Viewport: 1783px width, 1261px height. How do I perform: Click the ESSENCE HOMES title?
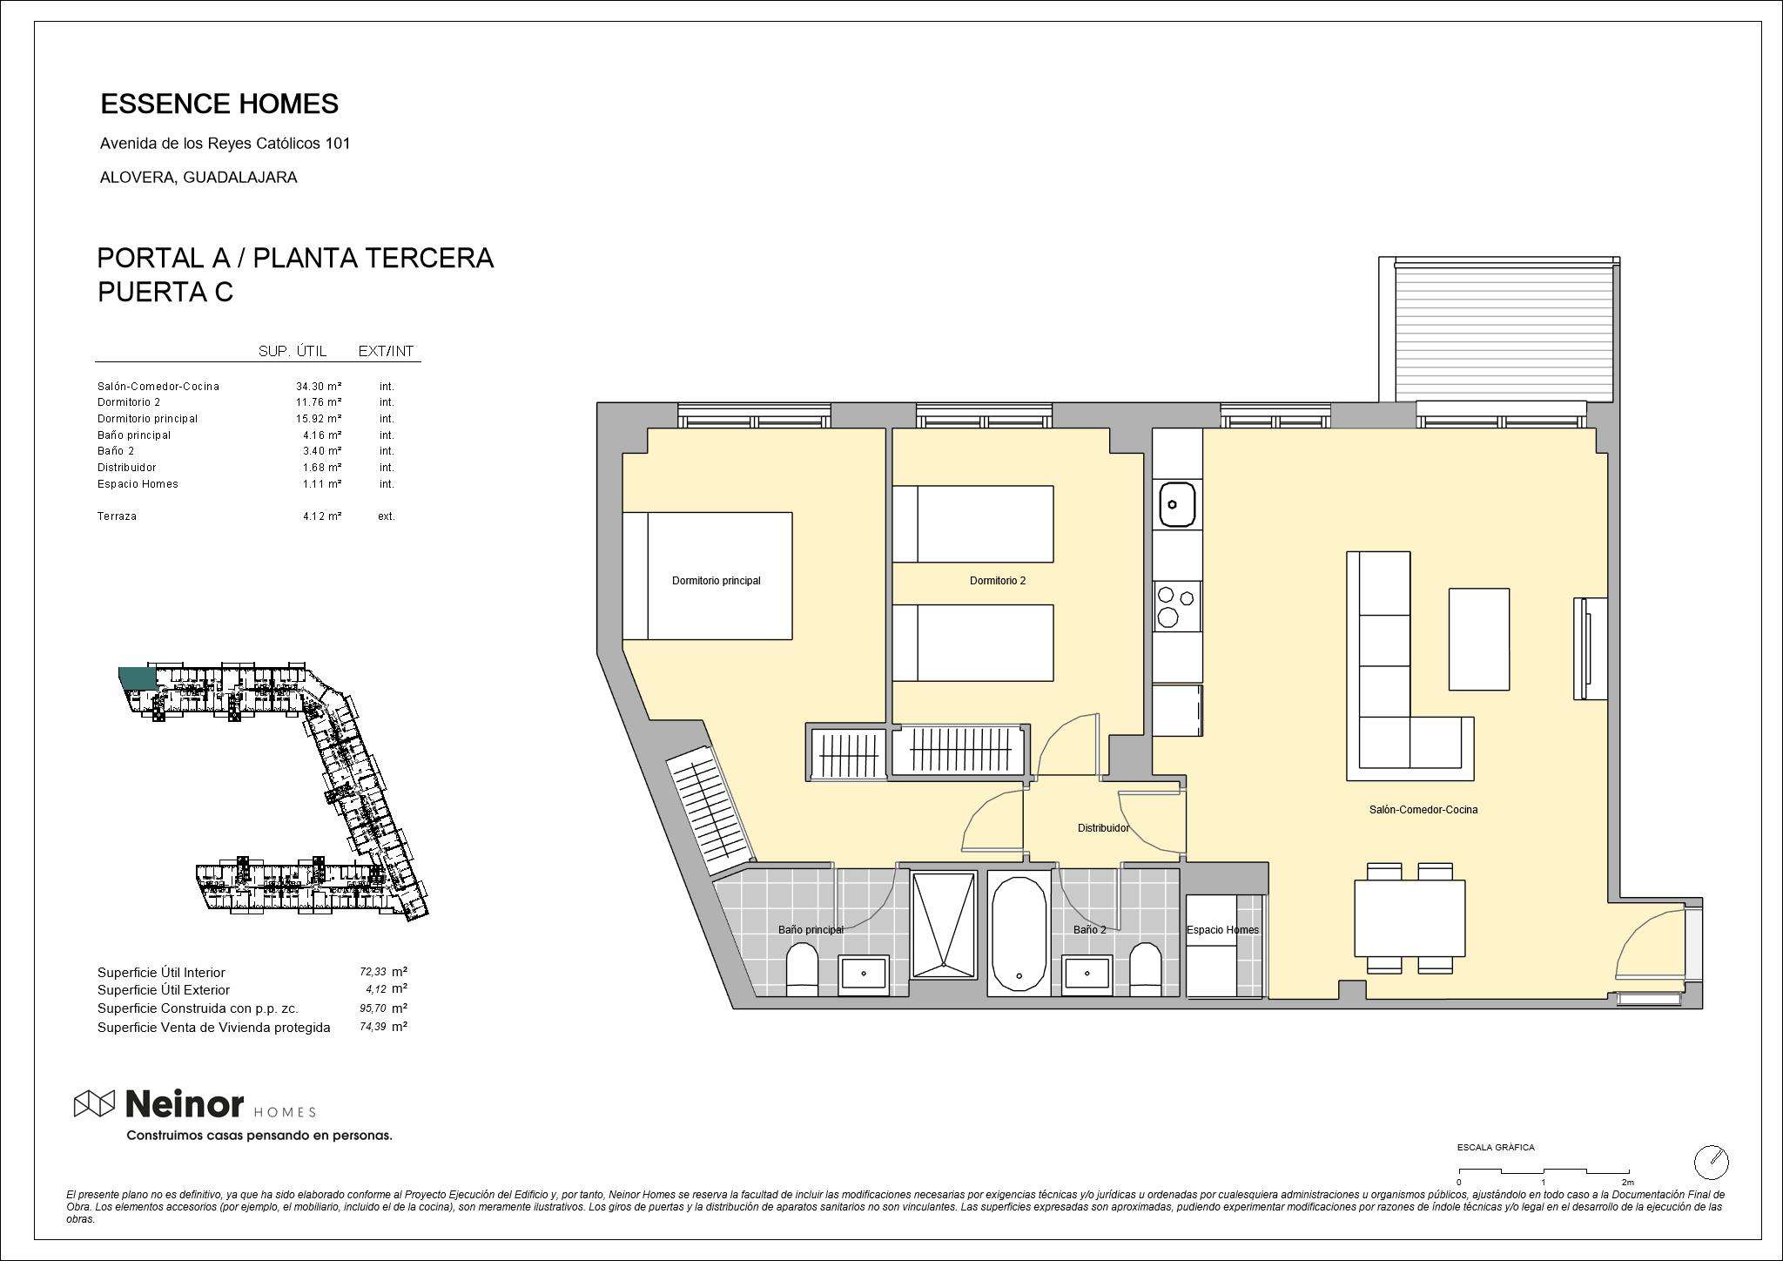click(219, 105)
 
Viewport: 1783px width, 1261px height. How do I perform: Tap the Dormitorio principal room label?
click(716, 581)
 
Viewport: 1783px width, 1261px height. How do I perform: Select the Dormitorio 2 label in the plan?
click(998, 581)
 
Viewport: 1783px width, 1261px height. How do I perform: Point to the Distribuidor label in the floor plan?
click(1103, 828)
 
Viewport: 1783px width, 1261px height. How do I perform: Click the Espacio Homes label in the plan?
click(1222, 930)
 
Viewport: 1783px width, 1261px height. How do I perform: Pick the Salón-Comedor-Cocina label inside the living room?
click(1423, 810)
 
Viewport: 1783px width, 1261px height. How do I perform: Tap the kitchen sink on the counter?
click(1175, 504)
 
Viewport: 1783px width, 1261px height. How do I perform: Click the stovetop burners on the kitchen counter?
click(1176, 606)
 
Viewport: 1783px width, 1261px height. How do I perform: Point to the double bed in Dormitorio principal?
click(707, 576)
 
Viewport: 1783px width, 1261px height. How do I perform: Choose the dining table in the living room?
click(1410, 918)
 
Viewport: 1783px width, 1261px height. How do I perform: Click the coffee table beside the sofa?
click(1479, 639)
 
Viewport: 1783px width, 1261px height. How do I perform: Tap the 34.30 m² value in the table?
click(319, 386)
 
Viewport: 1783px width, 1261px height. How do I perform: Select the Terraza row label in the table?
click(117, 516)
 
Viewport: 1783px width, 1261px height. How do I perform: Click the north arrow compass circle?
click(1712, 1162)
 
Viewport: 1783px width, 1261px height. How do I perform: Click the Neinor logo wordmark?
click(185, 1104)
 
